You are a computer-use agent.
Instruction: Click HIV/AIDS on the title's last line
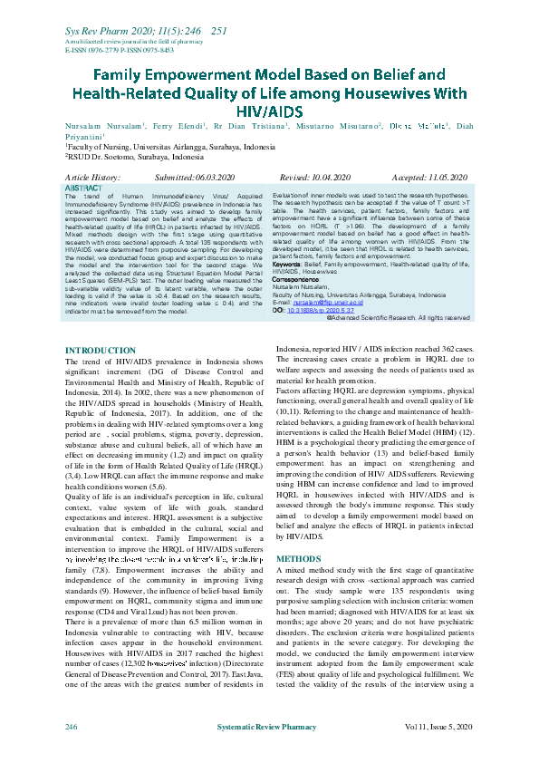269,109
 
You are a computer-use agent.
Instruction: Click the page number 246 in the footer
71,728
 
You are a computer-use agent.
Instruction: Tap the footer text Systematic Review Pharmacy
269,728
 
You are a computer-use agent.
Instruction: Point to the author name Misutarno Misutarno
341,128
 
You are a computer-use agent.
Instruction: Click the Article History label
93,179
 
